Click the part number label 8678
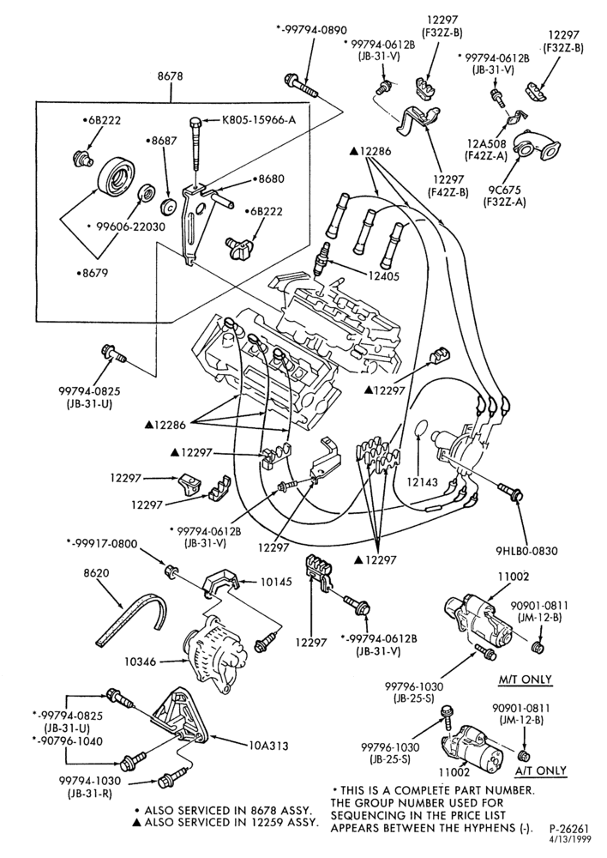[x=170, y=76]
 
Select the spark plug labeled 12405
[x=322, y=259]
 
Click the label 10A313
[x=268, y=745]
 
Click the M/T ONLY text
[x=525, y=680]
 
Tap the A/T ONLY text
[x=541, y=770]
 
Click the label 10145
[x=275, y=582]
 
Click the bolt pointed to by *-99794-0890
[x=300, y=87]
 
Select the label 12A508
[x=486, y=144]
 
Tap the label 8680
[x=271, y=179]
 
